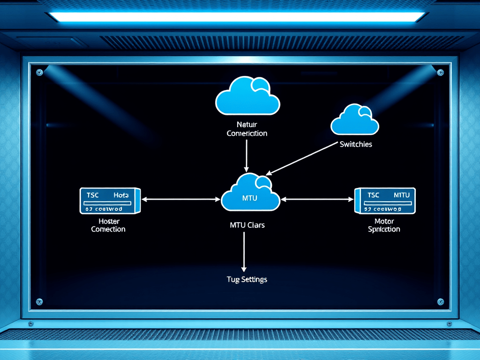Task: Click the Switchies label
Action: point(356,144)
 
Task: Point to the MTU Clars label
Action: point(247,225)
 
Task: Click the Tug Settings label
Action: point(247,279)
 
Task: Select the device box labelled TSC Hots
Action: point(111,200)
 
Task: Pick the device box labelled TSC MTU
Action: point(385,200)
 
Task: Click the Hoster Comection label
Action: point(108,225)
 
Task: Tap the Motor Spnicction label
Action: point(384,225)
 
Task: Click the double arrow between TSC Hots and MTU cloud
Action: point(180,199)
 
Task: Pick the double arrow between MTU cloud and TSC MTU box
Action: point(317,199)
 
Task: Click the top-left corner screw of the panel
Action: point(39,72)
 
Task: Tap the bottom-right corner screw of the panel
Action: point(440,301)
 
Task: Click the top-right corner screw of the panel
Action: point(440,72)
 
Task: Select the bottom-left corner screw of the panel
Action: point(39,301)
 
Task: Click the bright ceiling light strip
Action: point(237,17)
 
